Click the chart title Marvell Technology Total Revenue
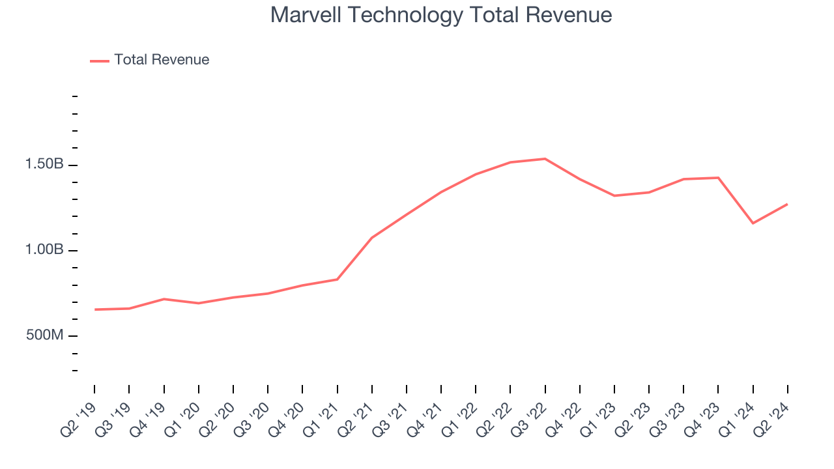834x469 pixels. pyautogui.click(x=441, y=15)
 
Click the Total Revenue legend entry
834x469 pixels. pyautogui.click(x=162, y=60)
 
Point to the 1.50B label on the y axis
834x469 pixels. pyautogui.click(x=44, y=165)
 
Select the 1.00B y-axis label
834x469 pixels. pyautogui.click(x=44, y=250)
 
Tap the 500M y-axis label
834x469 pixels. pyautogui.click(x=44, y=335)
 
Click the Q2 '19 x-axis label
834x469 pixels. pyautogui.click(x=78, y=417)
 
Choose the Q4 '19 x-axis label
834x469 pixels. pyautogui.click(x=148, y=417)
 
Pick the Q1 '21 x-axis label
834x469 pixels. pyautogui.click(x=321, y=417)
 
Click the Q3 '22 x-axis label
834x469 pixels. pyautogui.click(x=529, y=417)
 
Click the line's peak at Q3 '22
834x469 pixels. pyautogui.click(x=545, y=158)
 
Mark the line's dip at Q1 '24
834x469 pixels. pyautogui.click(x=753, y=223)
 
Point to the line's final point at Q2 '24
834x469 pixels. pyautogui.click(x=787, y=205)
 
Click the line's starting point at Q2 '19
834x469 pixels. pyautogui.click(x=94, y=309)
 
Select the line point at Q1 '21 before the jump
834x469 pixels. pyautogui.click(x=337, y=279)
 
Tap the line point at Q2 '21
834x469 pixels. pyautogui.click(x=372, y=237)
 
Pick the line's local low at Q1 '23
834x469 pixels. pyautogui.click(x=614, y=195)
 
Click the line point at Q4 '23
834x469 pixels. pyautogui.click(x=718, y=177)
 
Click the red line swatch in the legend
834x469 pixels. pyautogui.click(x=100, y=61)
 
